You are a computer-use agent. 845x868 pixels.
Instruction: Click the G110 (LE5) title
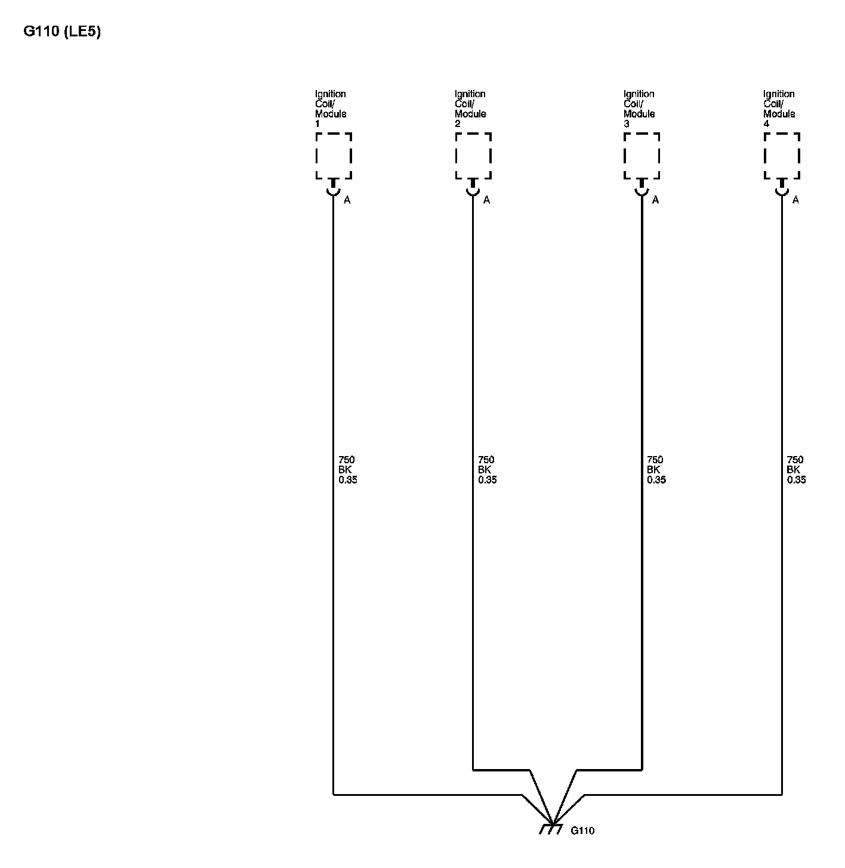(62, 32)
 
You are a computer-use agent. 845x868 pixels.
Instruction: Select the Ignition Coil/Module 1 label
(331, 108)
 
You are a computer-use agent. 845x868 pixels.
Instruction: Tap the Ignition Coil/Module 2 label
(470, 108)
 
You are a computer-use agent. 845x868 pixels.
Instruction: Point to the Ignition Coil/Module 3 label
(639, 108)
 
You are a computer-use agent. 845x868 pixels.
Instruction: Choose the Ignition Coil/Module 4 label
(779, 108)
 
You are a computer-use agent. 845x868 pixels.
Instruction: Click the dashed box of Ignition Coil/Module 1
(334, 156)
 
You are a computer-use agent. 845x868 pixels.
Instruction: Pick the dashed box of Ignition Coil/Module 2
(473, 156)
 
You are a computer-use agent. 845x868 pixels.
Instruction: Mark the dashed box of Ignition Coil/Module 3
(642, 156)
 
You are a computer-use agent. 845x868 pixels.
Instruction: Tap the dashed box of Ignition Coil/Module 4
(782, 156)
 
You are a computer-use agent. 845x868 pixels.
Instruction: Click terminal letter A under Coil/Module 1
(347, 200)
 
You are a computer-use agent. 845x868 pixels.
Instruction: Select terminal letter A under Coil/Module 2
(487, 200)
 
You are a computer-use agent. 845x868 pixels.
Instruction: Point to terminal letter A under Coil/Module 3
(656, 200)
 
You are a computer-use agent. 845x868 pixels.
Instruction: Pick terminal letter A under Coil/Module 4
(795, 200)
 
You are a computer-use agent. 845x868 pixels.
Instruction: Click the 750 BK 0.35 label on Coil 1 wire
(347, 470)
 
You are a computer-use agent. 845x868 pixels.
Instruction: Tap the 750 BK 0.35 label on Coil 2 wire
(487, 470)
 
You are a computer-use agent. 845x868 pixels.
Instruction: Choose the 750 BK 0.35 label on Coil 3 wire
(656, 470)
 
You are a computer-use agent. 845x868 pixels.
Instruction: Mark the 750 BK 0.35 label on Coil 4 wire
(796, 470)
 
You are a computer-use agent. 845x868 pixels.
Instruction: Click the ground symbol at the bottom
(551, 829)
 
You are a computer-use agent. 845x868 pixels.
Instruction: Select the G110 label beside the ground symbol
(582, 831)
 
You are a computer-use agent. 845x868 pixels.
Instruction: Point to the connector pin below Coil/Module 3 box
(642, 188)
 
